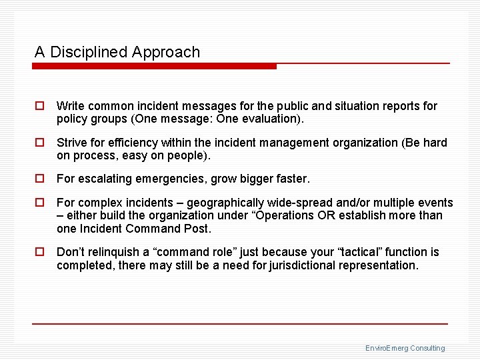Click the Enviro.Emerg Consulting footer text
405,348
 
